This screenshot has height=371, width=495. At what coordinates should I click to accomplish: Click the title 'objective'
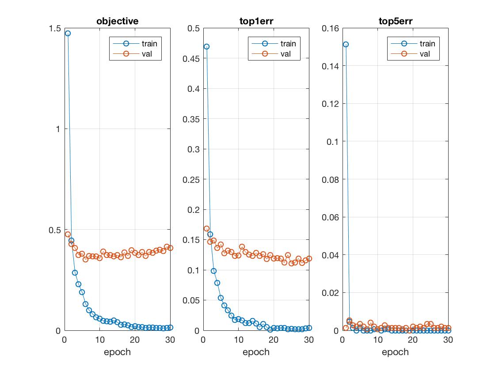click(x=117, y=21)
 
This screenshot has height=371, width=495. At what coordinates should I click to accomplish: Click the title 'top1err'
click(x=256, y=21)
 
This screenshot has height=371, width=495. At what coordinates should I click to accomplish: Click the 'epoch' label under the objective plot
click(x=117, y=352)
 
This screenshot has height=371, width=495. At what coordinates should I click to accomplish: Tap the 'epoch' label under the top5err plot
click(x=395, y=352)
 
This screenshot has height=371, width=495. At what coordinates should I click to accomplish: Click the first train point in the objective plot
click(x=68, y=33)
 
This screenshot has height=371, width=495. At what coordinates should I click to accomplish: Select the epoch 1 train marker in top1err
click(x=206, y=46)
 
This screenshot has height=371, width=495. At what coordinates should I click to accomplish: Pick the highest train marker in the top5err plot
click(x=346, y=44)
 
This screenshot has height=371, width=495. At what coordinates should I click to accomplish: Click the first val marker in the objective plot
click(x=68, y=235)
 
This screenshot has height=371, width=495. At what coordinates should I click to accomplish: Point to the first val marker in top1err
click(x=206, y=229)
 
